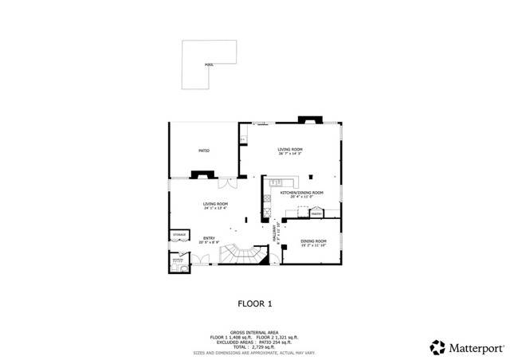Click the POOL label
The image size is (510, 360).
click(208, 64)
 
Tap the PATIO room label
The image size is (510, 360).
click(203, 150)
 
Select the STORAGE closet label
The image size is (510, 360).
click(178, 235)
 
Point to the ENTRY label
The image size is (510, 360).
click(209, 237)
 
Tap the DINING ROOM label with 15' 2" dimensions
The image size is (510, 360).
click(313, 241)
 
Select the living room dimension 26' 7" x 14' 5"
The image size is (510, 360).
click(292, 155)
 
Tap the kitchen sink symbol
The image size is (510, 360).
click(277, 184)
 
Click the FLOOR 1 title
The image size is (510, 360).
click(255, 303)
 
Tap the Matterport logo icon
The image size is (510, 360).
click(437, 347)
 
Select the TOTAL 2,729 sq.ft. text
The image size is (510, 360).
click(254, 347)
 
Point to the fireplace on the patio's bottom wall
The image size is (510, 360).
click(201, 173)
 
